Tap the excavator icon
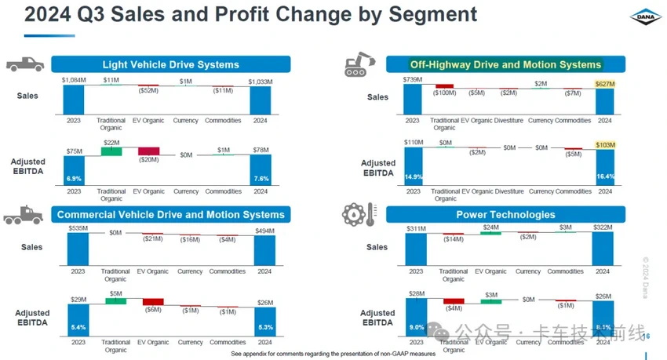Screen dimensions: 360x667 tap(360, 64)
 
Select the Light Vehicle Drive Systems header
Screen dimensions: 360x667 tap(170, 64)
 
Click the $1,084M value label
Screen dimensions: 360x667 tap(74, 80)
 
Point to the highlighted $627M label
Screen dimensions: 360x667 tap(604, 81)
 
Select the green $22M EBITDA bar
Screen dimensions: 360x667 tap(111, 150)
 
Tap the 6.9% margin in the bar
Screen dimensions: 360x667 tap(74, 179)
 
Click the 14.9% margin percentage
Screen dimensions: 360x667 tap(414, 177)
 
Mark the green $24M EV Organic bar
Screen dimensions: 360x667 tap(490, 233)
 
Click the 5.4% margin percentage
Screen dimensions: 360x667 tap(78, 326)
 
